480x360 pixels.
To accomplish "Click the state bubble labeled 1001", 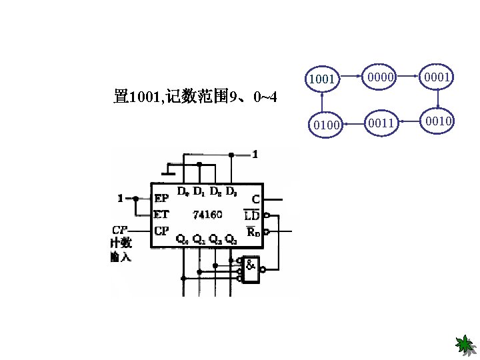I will pyautogui.click(x=322, y=79).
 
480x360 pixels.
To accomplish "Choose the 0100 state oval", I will pyautogui.click(x=325, y=124).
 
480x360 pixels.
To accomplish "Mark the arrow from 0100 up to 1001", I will pyautogui.click(x=323, y=102).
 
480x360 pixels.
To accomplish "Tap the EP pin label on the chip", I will pyautogui.click(x=161, y=198).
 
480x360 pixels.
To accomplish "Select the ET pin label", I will pyautogui.click(x=161, y=214).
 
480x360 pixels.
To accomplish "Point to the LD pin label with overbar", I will pyautogui.click(x=252, y=215).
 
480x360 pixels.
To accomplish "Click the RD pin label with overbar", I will pyautogui.click(x=252, y=231).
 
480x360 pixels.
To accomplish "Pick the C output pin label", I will pyautogui.click(x=256, y=199).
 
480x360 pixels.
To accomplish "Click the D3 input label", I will pyautogui.click(x=231, y=192).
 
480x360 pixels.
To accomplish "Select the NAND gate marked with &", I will pyautogui.click(x=251, y=269).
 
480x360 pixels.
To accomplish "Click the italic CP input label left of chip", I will pyautogui.click(x=120, y=230).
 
